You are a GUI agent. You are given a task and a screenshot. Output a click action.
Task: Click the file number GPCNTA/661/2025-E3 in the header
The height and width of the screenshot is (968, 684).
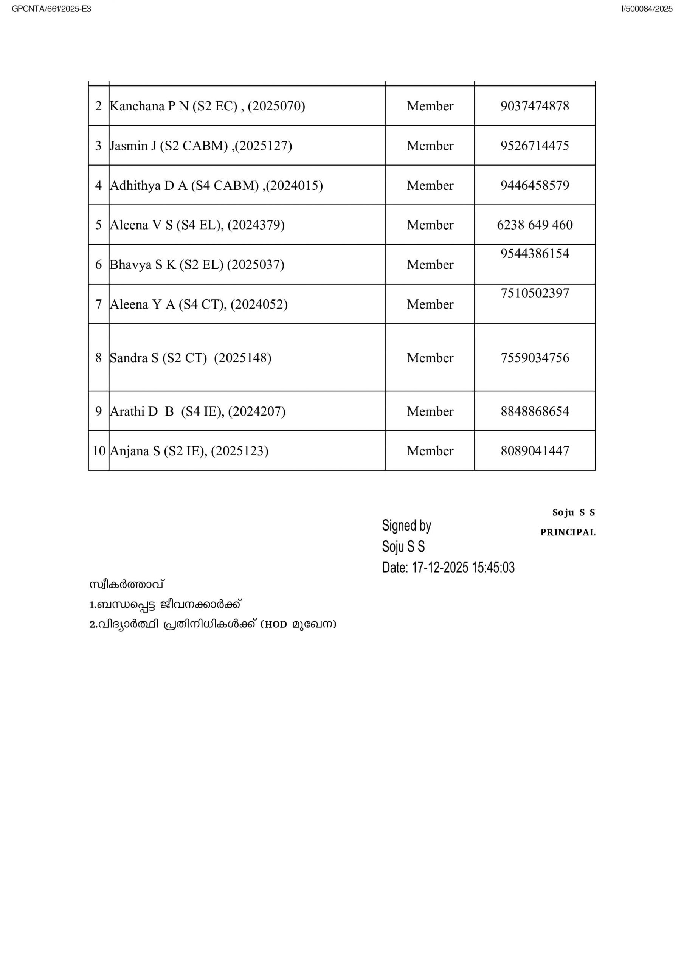[x=51, y=9]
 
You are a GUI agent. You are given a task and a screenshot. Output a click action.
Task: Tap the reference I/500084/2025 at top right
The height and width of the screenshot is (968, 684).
[x=647, y=9]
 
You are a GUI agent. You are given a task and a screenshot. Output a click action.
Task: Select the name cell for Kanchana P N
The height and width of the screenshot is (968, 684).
[x=207, y=106]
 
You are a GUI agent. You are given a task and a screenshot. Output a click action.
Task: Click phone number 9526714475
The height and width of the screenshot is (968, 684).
[x=534, y=146]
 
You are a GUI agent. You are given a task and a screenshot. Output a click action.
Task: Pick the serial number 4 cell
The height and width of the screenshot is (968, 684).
[x=98, y=185]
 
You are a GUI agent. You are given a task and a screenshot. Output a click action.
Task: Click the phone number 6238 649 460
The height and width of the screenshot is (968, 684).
[x=534, y=225]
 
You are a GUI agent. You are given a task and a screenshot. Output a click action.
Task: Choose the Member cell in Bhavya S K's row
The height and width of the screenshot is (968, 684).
[x=430, y=264]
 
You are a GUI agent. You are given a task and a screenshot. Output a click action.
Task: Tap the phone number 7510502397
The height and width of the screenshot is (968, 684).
[x=534, y=293]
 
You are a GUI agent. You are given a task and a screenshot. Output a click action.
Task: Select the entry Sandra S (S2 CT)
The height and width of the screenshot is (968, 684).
[x=158, y=358]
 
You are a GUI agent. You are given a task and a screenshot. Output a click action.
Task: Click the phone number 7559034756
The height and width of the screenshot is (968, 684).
[x=534, y=358]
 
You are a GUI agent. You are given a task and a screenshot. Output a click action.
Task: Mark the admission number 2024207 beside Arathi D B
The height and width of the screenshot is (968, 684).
[x=257, y=411]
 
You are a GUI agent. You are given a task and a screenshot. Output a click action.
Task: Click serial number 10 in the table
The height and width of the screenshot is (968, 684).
[x=99, y=451]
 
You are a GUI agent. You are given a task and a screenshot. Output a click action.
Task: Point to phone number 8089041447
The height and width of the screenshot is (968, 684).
[x=534, y=451]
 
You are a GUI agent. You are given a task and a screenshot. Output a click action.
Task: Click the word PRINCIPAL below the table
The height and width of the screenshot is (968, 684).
[x=568, y=532]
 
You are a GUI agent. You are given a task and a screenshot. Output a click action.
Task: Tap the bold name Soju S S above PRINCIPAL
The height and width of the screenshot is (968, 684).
[x=573, y=512]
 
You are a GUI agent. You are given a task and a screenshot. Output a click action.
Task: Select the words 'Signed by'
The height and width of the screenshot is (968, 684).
[x=406, y=525]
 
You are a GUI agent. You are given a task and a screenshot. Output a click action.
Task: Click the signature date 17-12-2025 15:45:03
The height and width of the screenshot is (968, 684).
[x=462, y=568]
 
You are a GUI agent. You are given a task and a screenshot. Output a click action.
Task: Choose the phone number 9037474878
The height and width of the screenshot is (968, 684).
[x=534, y=106]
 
